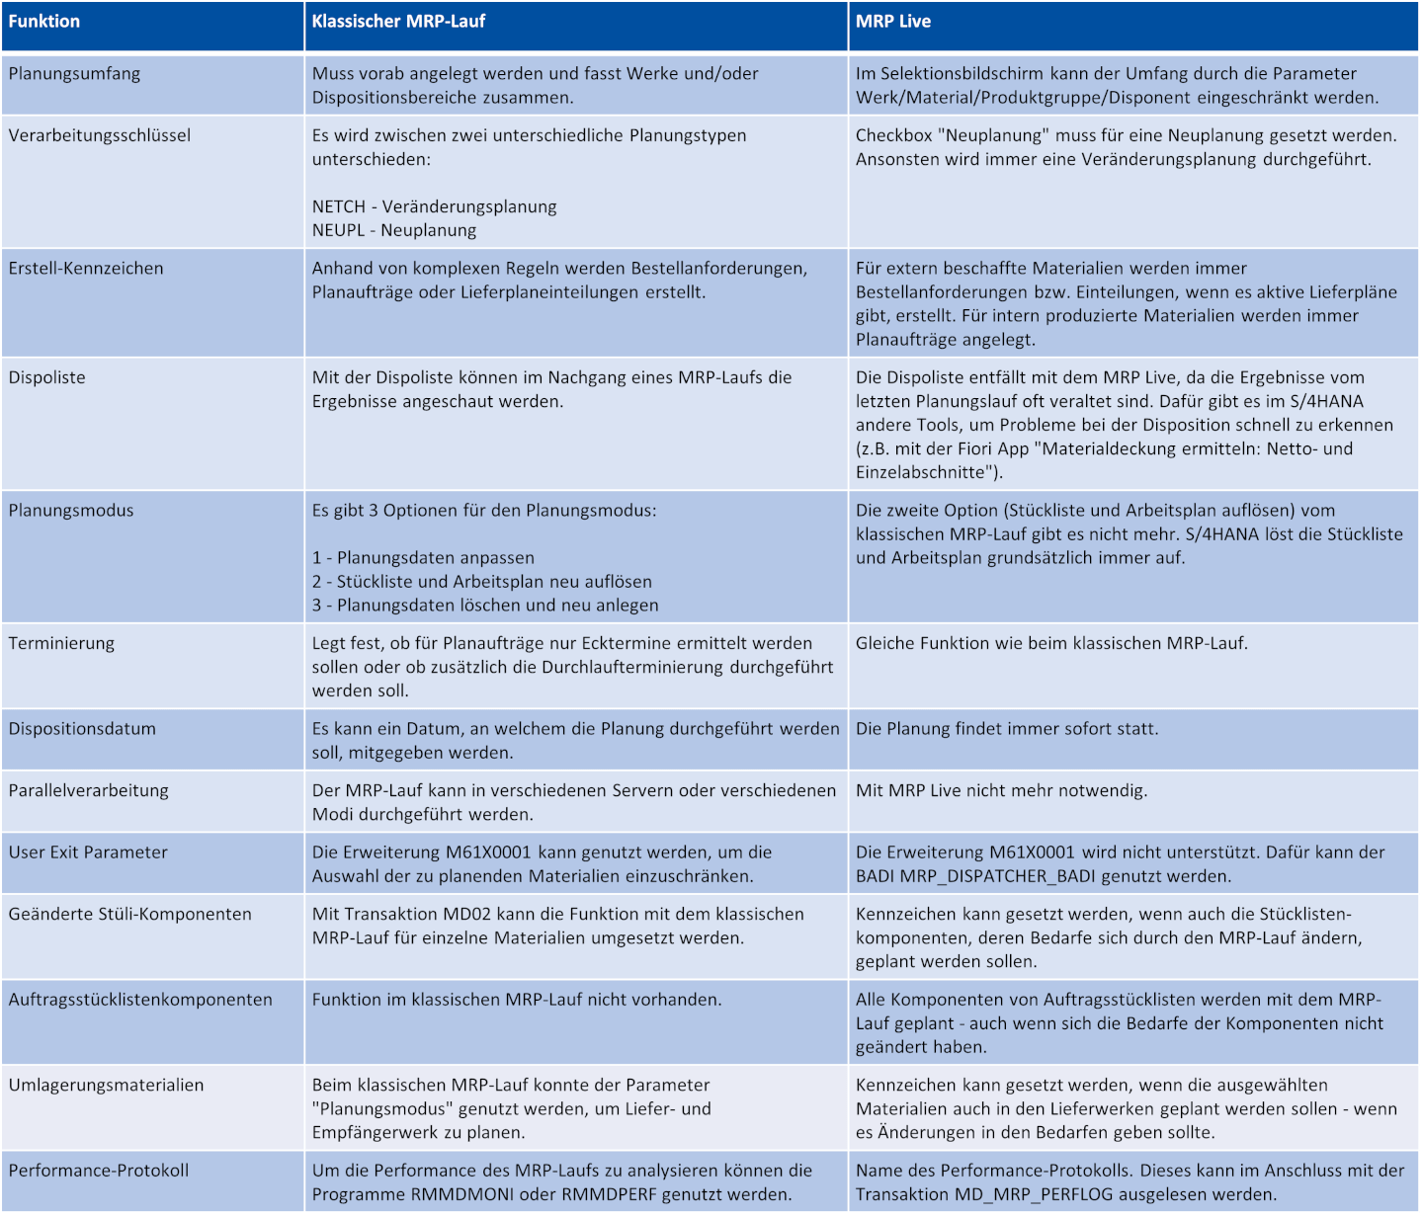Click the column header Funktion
tap(44, 21)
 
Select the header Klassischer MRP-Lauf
tap(398, 21)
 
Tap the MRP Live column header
tap(893, 21)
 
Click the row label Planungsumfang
tap(74, 73)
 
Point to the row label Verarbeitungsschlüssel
tap(100, 135)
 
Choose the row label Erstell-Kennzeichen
tap(86, 268)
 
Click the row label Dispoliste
tap(47, 377)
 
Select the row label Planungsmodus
tap(71, 510)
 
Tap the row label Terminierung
tap(61, 643)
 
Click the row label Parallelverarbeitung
tap(89, 790)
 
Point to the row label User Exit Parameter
tap(88, 852)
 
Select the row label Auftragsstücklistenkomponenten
tap(140, 1000)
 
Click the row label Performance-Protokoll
tap(99, 1171)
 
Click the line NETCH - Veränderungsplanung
tap(435, 206)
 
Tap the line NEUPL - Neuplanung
tap(394, 230)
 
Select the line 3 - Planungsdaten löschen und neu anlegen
tap(485, 605)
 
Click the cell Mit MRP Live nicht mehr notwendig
tap(1002, 790)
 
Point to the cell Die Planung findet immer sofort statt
tap(1007, 729)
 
